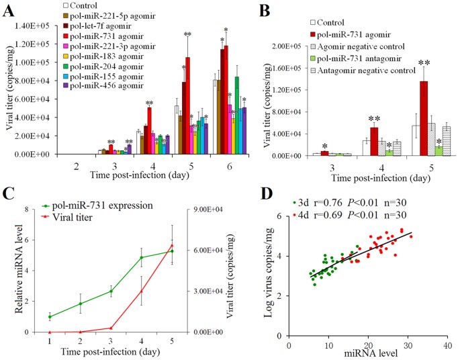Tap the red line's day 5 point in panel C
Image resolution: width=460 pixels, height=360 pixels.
pos(171,245)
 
